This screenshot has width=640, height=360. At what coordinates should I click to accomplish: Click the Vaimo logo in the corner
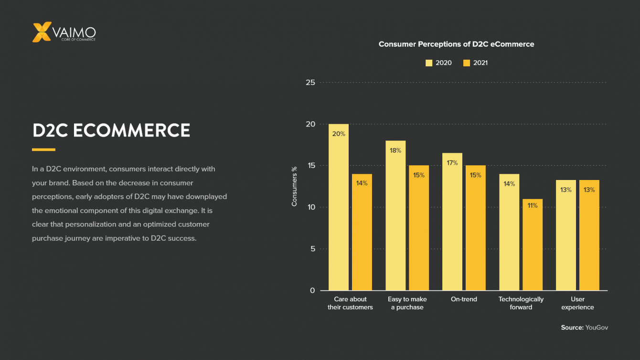(64, 32)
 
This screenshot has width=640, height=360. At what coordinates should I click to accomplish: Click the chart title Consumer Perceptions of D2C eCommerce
(456, 44)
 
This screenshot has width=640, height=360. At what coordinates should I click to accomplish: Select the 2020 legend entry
(438, 63)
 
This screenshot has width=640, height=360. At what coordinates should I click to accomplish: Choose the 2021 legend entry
(476, 63)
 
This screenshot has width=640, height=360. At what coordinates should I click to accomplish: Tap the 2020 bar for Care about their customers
(339, 207)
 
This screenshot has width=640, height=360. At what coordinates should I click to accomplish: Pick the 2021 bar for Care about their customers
(362, 232)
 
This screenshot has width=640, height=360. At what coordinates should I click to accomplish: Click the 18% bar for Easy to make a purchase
(395, 215)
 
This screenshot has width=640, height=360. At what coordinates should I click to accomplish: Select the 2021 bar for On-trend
(475, 228)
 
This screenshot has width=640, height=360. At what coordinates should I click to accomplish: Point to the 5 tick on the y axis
(312, 249)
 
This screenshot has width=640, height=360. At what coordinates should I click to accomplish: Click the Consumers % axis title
(294, 186)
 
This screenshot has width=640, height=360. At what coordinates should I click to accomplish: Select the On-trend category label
(464, 299)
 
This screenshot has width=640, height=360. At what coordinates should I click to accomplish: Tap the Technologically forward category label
(521, 303)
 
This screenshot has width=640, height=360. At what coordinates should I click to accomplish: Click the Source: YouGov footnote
(584, 328)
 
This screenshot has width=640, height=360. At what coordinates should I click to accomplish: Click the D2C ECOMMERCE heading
(111, 130)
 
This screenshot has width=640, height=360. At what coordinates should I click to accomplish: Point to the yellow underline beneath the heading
(43, 149)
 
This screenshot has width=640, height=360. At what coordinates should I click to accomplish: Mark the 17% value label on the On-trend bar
(452, 163)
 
